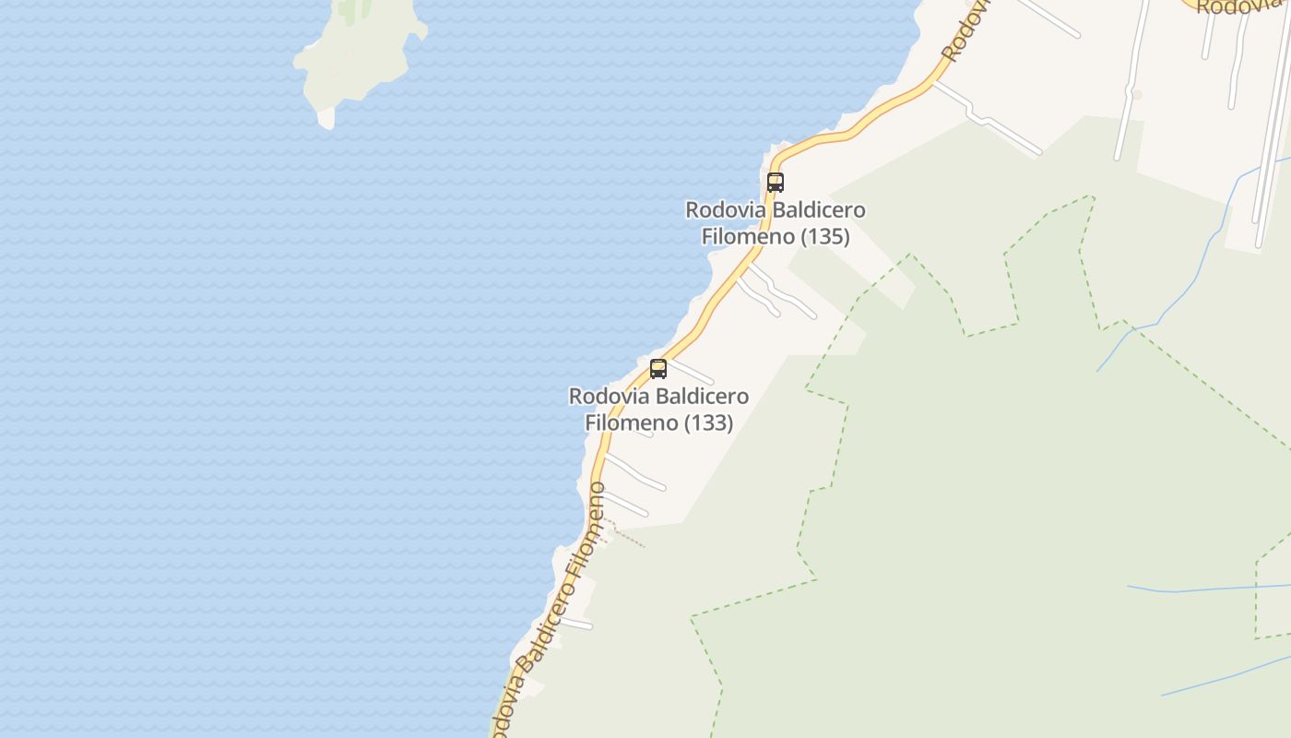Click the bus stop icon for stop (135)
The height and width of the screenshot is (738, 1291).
point(776,182)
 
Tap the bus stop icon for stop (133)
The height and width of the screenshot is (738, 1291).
point(658,369)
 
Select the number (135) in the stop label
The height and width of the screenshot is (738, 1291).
point(824,236)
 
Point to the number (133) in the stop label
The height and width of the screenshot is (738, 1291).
point(708,423)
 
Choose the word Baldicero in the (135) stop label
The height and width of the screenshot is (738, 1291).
point(819,210)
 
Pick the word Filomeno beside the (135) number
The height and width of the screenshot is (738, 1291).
point(748,236)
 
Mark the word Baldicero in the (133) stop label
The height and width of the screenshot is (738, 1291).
point(703,397)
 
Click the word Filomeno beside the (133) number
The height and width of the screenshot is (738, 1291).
point(632,423)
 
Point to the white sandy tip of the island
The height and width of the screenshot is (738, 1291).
point(326,118)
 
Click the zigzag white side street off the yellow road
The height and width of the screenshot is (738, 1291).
point(987,120)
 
